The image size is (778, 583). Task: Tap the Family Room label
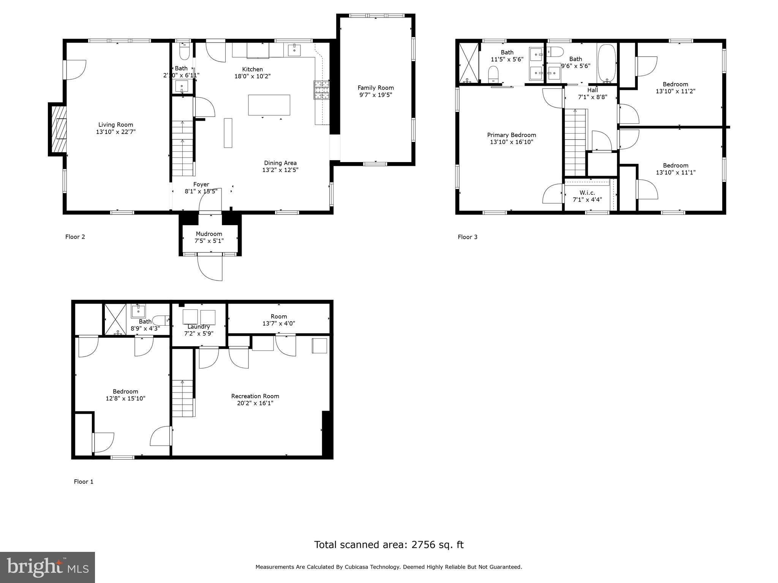[375, 88]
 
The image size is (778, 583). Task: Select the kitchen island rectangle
[269, 105]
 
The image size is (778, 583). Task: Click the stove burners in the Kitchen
[321, 90]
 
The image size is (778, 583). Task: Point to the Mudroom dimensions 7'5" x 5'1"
[209, 241]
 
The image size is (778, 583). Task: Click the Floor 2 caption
[75, 237]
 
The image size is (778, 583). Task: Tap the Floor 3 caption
[467, 237]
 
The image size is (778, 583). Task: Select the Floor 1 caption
[84, 482]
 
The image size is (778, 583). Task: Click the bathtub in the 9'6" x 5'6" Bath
[607, 63]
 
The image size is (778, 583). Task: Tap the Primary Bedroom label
[511, 135]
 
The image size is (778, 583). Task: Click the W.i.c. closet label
[587, 193]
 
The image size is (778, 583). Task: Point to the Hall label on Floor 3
[592, 90]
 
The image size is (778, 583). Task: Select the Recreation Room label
[255, 396]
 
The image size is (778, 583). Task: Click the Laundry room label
[199, 327]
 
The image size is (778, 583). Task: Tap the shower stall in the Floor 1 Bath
[115, 319]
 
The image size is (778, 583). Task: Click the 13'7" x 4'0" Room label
[278, 317]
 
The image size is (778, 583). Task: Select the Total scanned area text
[389, 545]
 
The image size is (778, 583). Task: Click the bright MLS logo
[47, 567]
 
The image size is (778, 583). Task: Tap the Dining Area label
[280, 163]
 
